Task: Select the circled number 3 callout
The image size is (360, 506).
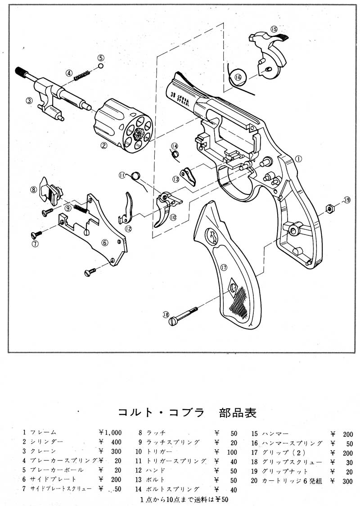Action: point(28,101)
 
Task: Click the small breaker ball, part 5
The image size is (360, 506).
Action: point(100,66)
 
